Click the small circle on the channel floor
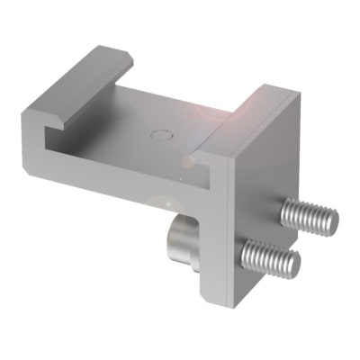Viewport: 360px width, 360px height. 161,137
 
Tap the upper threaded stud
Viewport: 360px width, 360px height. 308,216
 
